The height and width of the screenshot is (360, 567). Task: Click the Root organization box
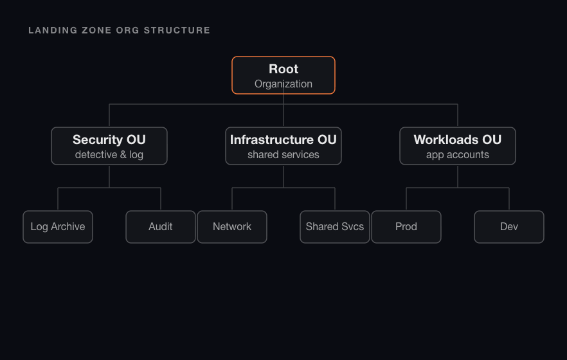click(283, 75)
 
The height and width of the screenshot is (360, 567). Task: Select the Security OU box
click(109, 146)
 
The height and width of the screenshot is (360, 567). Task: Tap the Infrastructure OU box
click(283, 146)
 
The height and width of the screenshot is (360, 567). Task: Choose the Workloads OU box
click(458, 146)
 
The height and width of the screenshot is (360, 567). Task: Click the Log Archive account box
click(58, 227)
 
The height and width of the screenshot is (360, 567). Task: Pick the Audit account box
click(161, 227)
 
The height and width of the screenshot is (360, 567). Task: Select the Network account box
click(232, 227)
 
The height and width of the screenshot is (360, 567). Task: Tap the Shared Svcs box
click(335, 227)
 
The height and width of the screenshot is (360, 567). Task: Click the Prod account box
click(406, 227)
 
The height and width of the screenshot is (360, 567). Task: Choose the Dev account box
click(509, 227)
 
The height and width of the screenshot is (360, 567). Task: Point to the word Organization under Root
click(283, 84)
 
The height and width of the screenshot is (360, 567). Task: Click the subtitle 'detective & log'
click(109, 155)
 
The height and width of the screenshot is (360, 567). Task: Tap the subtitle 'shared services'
click(283, 155)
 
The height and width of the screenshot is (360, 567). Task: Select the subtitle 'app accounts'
click(458, 155)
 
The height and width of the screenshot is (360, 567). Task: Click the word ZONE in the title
click(96, 30)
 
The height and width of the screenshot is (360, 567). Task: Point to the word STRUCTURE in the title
click(177, 30)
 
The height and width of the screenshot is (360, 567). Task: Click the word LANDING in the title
click(53, 30)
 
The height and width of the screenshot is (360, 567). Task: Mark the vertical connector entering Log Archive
click(58, 199)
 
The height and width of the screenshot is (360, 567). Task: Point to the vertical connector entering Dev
click(509, 199)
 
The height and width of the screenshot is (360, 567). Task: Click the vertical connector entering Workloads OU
click(458, 116)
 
